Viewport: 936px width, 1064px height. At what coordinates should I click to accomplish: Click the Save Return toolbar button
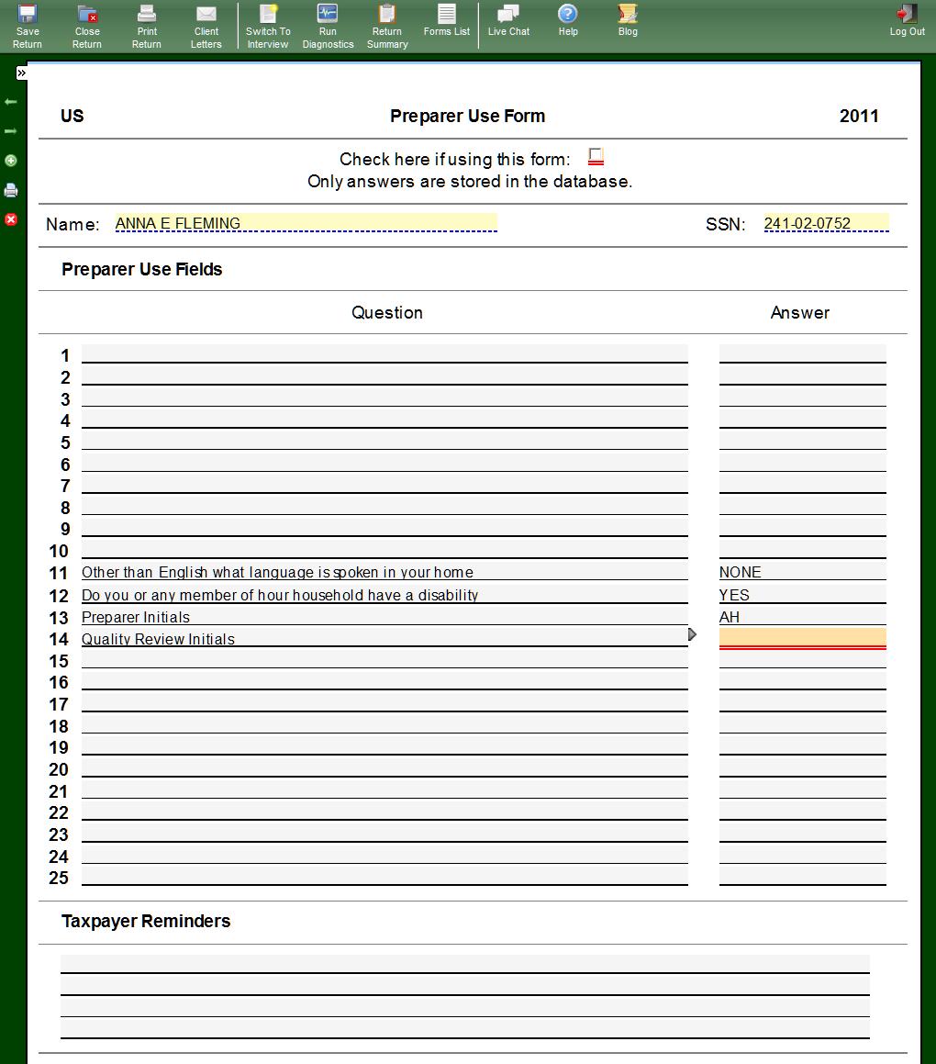pyautogui.click(x=28, y=25)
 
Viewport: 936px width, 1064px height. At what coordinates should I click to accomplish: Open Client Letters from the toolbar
pyautogui.click(x=206, y=25)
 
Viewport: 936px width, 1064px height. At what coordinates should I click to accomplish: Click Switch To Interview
pyautogui.click(x=268, y=25)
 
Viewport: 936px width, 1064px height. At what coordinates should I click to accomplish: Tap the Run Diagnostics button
pyautogui.click(x=328, y=25)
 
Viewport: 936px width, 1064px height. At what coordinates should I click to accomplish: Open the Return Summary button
pyautogui.click(x=387, y=25)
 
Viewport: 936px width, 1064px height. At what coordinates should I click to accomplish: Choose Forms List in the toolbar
pyautogui.click(x=447, y=20)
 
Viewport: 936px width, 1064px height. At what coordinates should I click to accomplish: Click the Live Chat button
pyautogui.click(x=508, y=20)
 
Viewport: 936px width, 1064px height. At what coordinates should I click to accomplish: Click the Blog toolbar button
pyautogui.click(x=628, y=20)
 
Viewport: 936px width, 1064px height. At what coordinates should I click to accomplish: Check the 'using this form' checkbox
pyautogui.click(x=596, y=156)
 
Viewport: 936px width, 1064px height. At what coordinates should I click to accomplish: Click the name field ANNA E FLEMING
pyautogui.click(x=306, y=223)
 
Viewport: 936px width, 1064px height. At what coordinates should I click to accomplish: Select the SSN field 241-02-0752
pyautogui.click(x=826, y=223)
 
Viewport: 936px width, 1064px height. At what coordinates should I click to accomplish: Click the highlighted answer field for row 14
pyautogui.click(x=802, y=637)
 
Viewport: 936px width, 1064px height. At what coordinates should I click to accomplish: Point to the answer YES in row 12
pyautogui.click(x=735, y=595)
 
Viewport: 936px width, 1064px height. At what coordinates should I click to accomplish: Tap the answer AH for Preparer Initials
pyautogui.click(x=730, y=617)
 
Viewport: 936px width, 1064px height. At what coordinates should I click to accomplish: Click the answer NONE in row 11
pyautogui.click(x=741, y=572)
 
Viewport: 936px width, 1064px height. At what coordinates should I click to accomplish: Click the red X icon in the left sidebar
pyautogui.click(x=11, y=219)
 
